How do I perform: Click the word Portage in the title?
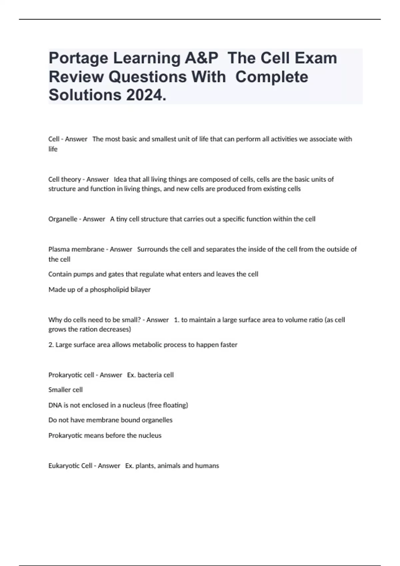(78, 58)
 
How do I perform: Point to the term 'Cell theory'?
(65, 179)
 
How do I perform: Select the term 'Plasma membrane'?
(76, 249)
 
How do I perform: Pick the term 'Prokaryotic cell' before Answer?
(71, 375)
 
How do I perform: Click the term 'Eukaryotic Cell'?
(70, 466)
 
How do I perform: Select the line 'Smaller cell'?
(66, 390)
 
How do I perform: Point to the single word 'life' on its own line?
(53, 149)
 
